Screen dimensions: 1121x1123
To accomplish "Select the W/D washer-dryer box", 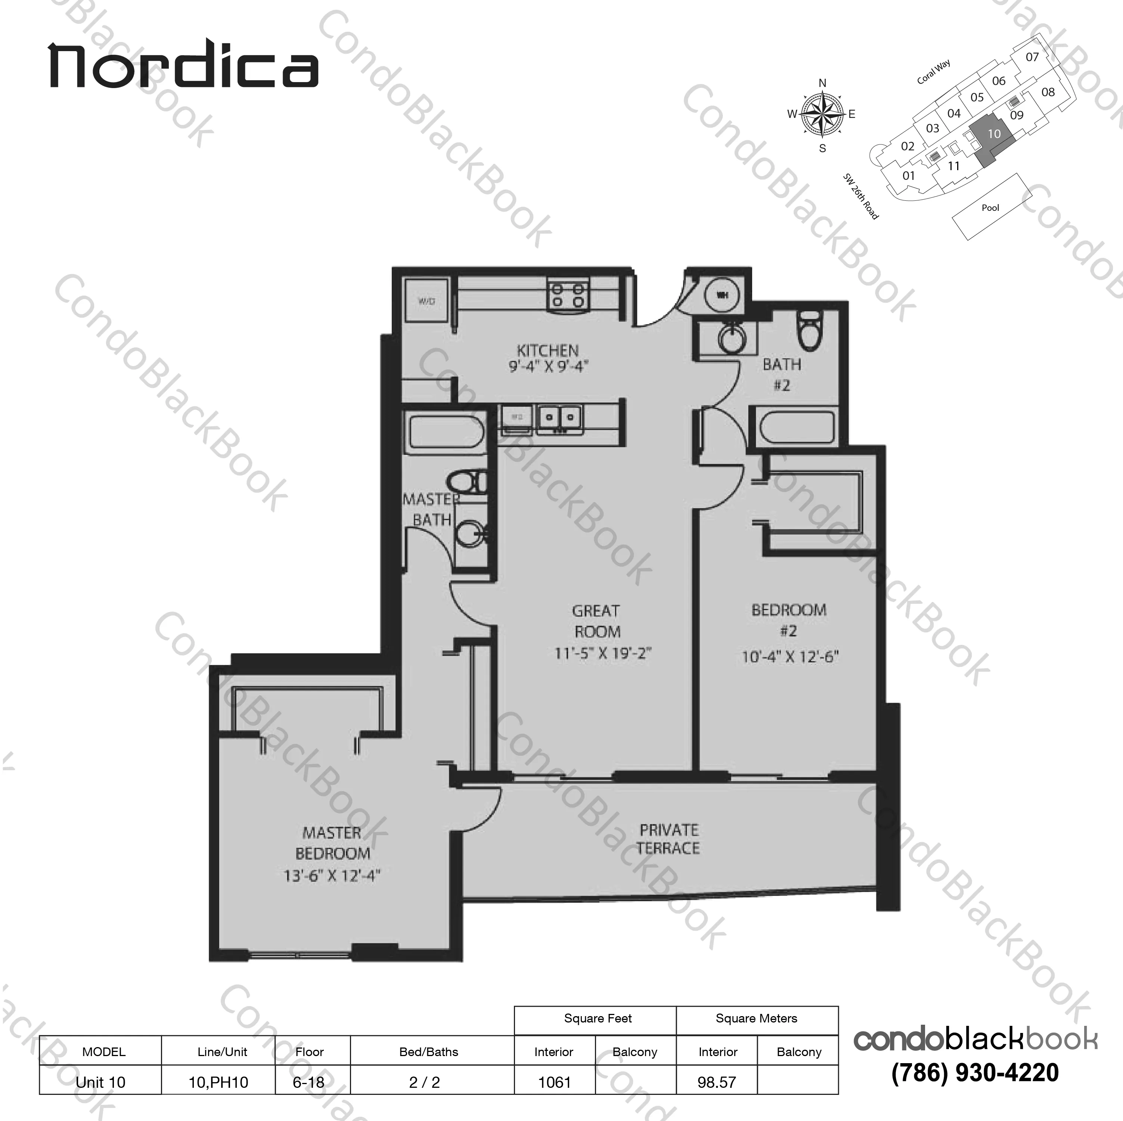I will coord(426,301).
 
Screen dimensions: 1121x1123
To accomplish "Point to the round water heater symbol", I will coord(722,295).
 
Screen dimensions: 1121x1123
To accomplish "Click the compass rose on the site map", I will coord(822,115).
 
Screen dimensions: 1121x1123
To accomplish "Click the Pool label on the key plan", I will coord(990,208).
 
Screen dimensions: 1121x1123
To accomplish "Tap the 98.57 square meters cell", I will coord(717,1083).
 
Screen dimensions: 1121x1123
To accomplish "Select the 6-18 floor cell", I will coord(308,1083).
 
